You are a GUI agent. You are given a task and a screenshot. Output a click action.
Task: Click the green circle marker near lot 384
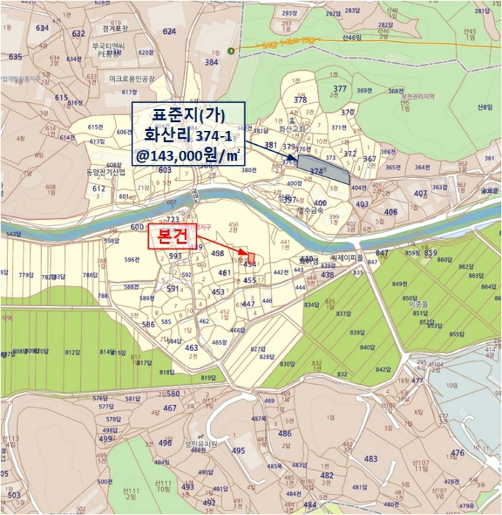(x=231, y=51)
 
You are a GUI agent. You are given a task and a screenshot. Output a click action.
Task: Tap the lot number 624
(x=169, y=32)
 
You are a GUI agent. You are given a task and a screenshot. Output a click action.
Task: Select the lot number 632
(x=78, y=33)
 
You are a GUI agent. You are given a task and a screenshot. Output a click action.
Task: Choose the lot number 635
(x=15, y=57)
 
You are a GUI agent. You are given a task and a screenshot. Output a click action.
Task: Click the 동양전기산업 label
(x=105, y=171)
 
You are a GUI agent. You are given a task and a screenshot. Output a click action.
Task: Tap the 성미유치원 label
(x=202, y=444)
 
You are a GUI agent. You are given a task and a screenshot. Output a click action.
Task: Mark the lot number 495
(x=238, y=451)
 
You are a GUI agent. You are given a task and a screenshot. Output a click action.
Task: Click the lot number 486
(x=285, y=434)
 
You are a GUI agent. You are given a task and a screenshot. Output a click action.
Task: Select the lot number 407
(x=420, y=193)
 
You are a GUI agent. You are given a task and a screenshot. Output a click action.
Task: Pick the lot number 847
(x=381, y=252)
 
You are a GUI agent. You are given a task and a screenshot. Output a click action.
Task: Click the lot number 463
(x=191, y=348)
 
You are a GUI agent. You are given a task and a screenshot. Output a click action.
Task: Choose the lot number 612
(x=99, y=189)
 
